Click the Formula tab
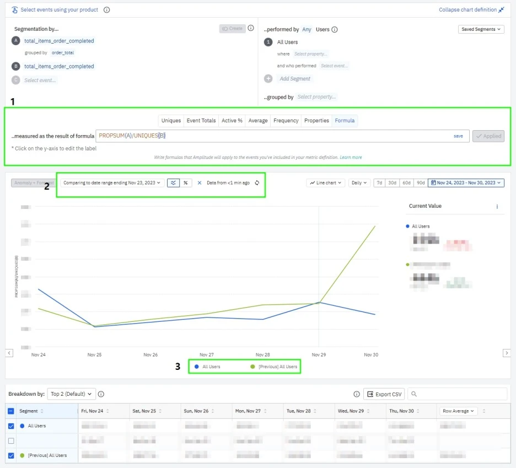(345, 121)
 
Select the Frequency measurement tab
(286, 121)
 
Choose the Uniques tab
(171, 121)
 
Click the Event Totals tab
(201, 121)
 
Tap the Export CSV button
(384, 394)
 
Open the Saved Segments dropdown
(481, 29)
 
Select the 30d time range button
(392, 182)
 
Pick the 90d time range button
(420, 182)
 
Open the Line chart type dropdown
(325, 182)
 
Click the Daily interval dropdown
(359, 182)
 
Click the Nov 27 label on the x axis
(207, 355)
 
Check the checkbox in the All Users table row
(11, 426)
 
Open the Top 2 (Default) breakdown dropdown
(72, 394)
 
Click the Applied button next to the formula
(488, 136)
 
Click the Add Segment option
(295, 79)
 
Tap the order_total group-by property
(63, 53)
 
